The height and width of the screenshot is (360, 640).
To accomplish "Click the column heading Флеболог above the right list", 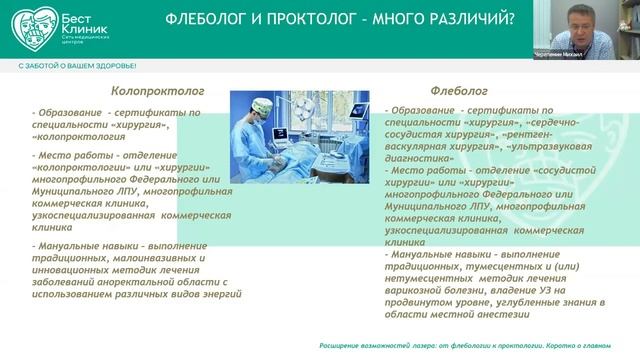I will (x=456, y=89).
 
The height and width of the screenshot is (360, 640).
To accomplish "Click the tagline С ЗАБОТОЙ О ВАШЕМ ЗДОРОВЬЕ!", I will (x=77, y=64).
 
